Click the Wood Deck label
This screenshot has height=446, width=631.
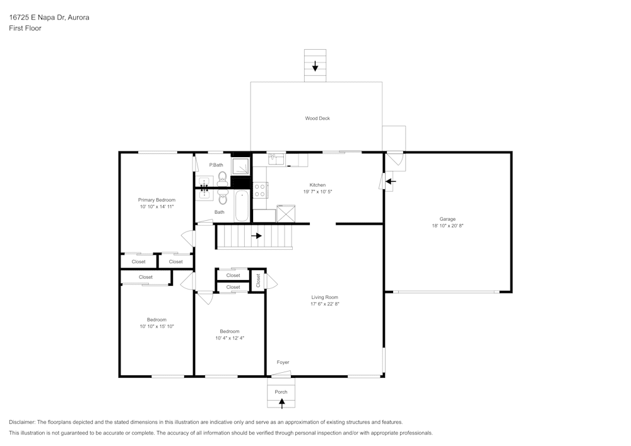click(x=317, y=119)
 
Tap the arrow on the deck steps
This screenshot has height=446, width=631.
click(x=315, y=66)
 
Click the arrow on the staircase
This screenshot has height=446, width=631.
click(x=256, y=236)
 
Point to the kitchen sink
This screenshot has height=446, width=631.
click(x=276, y=160)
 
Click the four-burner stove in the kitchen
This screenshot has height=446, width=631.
click(x=260, y=190)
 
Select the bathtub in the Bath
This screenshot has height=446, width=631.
click(x=242, y=206)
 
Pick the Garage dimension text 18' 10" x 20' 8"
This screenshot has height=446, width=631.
click(x=447, y=226)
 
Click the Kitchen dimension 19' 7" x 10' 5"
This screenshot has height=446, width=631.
click(x=317, y=192)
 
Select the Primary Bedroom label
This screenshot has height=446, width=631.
click(x=156, y=200)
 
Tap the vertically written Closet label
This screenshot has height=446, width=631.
click(x=258, y=280)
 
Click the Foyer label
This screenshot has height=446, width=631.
click(x=283, y=362)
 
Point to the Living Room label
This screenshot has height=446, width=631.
click(x=324, y=297)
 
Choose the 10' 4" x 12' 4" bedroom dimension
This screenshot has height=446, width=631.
click(x=230, y=338)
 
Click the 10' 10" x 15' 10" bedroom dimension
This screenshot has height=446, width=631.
click(x=156, y=327)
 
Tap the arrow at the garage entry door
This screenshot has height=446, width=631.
click(x=391, y=182)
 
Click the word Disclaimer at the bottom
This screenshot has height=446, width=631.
click(x=22, y=422)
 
